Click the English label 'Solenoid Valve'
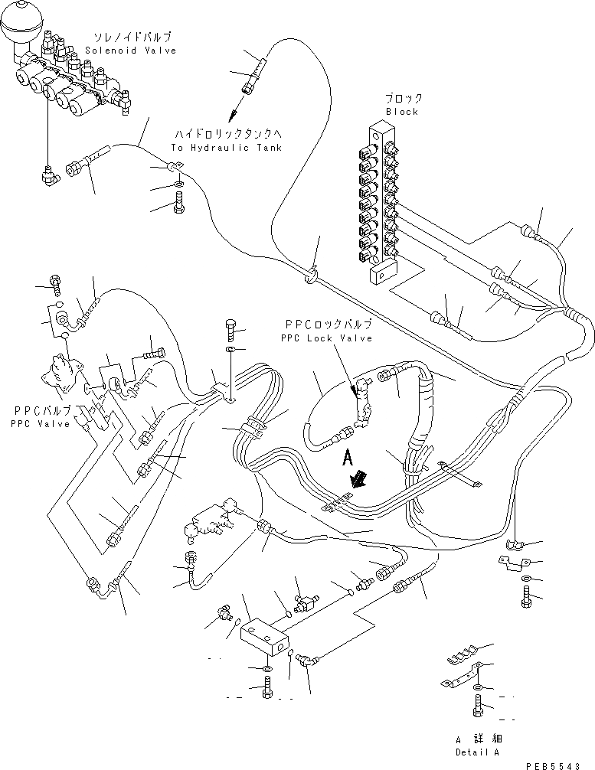(130, 51)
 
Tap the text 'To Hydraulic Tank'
(227, 148)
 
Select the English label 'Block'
(402, 112)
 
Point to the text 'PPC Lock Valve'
(325, 338)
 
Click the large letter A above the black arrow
(346, 458)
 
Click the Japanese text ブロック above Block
(404, 99)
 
